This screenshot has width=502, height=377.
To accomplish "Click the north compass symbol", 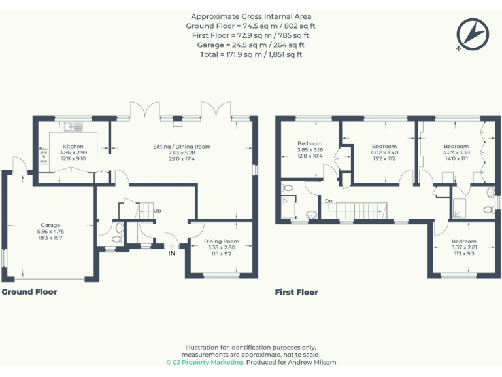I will point(472,35).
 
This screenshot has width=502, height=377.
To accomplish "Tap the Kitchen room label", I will point(73,146).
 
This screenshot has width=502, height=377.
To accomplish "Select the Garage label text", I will point(50,225).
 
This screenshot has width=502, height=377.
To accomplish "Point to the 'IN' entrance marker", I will point(172,253).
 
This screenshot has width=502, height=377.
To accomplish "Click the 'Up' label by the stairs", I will point(157,211).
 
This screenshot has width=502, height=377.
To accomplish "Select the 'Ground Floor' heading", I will point(29,292).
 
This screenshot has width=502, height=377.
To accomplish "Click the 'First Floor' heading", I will point(296,292).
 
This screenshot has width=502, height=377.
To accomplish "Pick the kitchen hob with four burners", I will point(44,155).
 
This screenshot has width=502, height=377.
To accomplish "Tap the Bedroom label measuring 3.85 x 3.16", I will point(310,144).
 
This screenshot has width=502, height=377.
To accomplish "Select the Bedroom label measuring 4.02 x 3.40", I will point(384,146).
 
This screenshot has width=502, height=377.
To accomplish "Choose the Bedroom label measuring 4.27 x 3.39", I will point(456,146).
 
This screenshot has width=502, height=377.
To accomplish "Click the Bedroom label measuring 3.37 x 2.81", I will point(464,242).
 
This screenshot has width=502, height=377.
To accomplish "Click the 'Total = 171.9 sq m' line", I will point(251,54).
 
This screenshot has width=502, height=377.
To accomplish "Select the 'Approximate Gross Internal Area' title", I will point(251,16).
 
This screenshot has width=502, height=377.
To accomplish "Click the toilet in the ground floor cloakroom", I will point(117,228).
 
